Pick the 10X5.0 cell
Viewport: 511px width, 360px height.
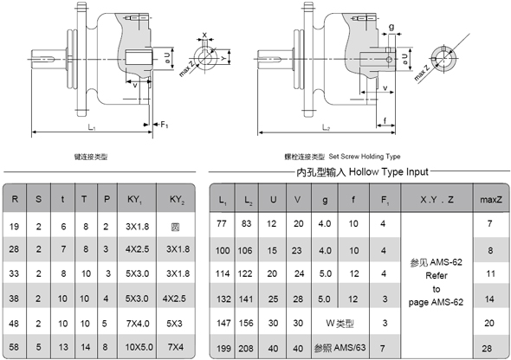tap(134, 347)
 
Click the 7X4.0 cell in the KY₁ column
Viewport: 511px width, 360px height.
tap(134, 323)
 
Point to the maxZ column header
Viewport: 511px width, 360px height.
tap(491, 201)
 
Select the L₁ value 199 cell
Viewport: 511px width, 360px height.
tap(223, 347)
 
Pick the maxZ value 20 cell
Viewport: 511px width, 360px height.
tap(491, 323)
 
